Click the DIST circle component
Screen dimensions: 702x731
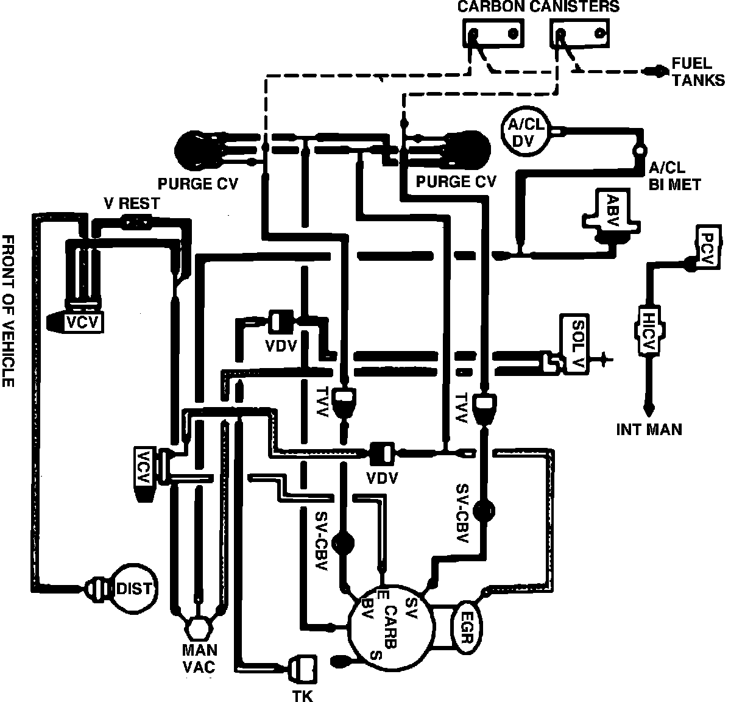[x=133, y=588]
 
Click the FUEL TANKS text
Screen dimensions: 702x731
[x=697, y=71]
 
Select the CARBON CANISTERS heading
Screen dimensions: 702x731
[x=538, y=7]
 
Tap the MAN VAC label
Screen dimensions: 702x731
[x=199, y=659]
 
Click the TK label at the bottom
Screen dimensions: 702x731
[x=303, y=695]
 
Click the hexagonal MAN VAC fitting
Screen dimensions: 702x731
[x=196, y=627]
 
